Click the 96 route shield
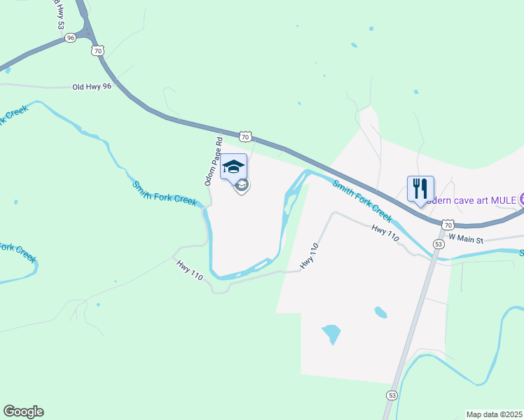70,38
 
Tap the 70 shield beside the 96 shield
98,50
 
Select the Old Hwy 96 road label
92,87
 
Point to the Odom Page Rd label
214,161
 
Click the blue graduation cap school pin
233,167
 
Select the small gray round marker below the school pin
242,186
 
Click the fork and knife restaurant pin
420,189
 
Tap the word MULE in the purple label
502,199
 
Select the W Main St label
466,238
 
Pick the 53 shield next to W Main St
439,244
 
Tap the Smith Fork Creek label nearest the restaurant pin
361,199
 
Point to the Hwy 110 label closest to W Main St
385,233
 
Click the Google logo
23,412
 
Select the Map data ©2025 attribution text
493,414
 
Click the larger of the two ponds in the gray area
331,332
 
